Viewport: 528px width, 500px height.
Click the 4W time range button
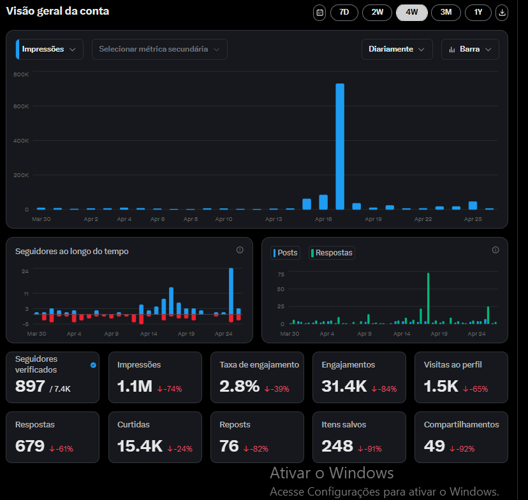click(x=411, y=13)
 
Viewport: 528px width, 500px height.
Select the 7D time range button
click(x=344, y=13)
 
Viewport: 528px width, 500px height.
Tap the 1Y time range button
click(x=478, y=13)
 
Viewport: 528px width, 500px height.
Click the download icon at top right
click(x=502, y=13)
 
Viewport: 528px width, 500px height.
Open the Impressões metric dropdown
click(x=50, y=49)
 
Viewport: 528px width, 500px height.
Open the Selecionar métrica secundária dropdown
click(x=159, y=49)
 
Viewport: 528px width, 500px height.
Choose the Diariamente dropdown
click(x=397, y=49)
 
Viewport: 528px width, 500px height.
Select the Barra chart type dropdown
click(x=470, y=49)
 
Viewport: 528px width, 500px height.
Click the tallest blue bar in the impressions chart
click(x=340, y=146)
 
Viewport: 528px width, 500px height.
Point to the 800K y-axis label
click(x=21, y=75)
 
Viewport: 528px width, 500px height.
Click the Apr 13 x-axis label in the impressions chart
click(x=274, y=219)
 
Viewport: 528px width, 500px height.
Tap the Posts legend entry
click(x=285, y=252)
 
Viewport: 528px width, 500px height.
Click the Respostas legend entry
click(x=332, y=252)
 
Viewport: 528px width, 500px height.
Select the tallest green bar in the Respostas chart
click(x=428, y=298)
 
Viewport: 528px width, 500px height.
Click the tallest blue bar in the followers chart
click(x=231, y=291)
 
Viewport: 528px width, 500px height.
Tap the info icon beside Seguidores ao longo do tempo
click(x=240, y=250)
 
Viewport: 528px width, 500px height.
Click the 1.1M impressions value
click(x=135, y=386)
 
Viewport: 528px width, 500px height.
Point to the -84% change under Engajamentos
click(x=385, y=389)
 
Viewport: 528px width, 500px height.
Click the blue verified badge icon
click(x=93, y=365)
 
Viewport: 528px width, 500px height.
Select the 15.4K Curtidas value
click(x=140, y=446)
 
